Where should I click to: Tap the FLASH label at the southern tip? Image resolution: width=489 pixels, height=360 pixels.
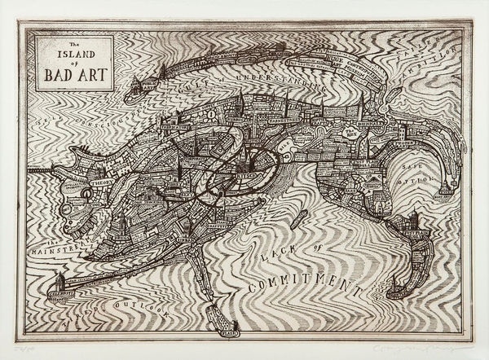tap(229, 331)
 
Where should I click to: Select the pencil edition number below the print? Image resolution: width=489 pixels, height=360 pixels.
tap(15, 345)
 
